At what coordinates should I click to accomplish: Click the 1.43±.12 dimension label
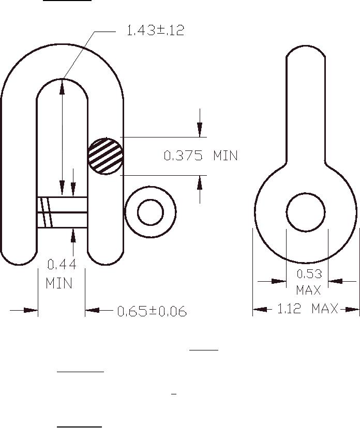pyautogui.click(x=155, y=30)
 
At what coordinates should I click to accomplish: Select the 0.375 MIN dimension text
pyautogui.click(x=201, y=156)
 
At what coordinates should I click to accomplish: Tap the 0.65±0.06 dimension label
pyautogui.click(x=152, y=311)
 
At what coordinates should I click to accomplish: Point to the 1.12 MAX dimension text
pyautogui.click(x=307, y=309)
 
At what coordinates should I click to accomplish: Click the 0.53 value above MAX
pyautogui.click(x=309, y=273)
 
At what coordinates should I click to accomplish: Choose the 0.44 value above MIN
pyautogui.click(x=62, y=265)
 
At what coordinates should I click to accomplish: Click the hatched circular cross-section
pyautogui.click(x=106, y=156)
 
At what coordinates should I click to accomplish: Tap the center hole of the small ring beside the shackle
pyautogui.click(x=151, y=212)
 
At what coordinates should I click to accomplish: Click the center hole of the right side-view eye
pyautogui.click(x=306, y=212)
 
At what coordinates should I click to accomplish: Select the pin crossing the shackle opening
pyautogui.click(x=62, y=212)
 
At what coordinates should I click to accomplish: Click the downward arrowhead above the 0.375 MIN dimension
pyautogui.click(x=200, y=130)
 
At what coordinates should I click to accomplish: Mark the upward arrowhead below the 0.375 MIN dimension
pyautogui.click(x=200, y=182)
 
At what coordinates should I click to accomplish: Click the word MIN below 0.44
pyautogui.click(x=59, y=284)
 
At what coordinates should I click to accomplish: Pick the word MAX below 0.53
pyautogui.click(x=308, y=290)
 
